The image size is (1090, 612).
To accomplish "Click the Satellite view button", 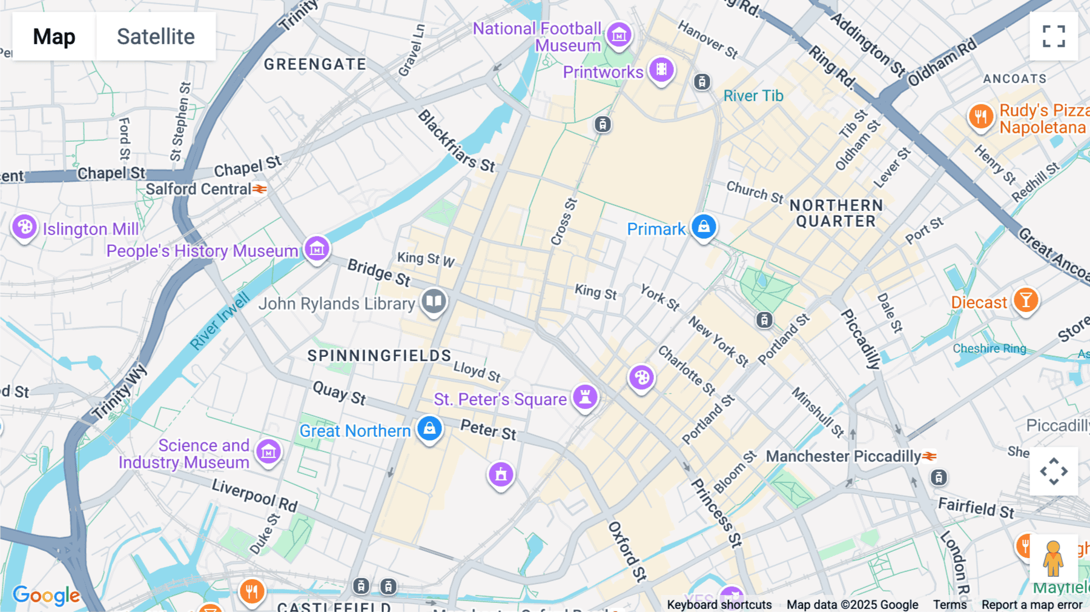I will coord(156,36).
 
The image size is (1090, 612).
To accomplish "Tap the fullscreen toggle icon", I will coord(1054,36).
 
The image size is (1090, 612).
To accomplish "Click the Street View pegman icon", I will coord(1054,558).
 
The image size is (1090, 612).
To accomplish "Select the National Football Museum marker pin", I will coord(619,35).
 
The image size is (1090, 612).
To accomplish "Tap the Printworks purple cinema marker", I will coord(661,70).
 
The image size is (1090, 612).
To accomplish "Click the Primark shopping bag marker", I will coord(704,227).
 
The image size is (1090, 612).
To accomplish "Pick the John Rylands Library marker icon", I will coord(434,301).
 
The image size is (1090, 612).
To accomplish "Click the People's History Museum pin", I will coord(317,248).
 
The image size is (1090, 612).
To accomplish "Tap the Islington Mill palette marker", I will coord(25,227).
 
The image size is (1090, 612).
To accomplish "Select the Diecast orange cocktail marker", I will coord(1025,300).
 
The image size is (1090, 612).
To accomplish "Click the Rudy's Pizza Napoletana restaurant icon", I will coord(981,116).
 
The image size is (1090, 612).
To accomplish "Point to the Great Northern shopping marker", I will coord(429,428).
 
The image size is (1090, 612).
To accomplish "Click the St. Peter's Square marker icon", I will coord(585,397).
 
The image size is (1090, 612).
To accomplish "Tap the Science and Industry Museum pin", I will coord(268,451).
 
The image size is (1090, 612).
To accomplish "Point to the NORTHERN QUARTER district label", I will coord(836,213).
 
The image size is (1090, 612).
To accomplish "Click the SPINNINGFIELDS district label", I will coord(379,356).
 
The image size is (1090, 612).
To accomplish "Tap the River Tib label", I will coord(753,96).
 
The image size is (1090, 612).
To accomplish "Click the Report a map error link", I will coord(1031,605).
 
